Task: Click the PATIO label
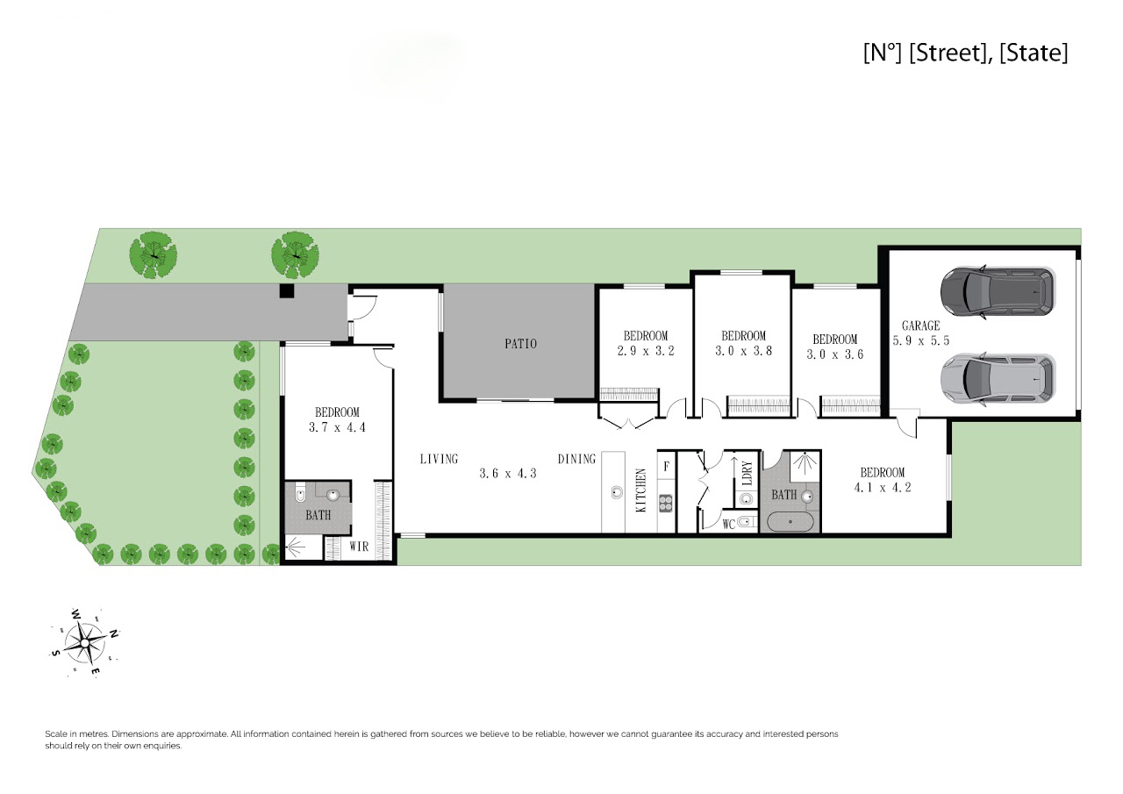[x=520, y=343]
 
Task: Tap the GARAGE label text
[x=920, y=325]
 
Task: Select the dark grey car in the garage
[x=998, y=292]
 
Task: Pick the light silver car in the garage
[x=998, y=379]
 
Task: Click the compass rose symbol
[x=85, y=642]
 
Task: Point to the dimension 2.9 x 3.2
[x=646, y=351]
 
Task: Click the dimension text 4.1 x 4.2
[x=883, y=487]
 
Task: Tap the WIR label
[x=359, y=547]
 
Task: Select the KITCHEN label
[x=641, y=490]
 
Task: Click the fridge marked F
[x=667, y=466]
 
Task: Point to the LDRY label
[x=747, y=473]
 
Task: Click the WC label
[x=729, y=525]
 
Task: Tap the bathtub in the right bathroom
[x=790, y=522]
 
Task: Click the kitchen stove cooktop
[x=666, y=504]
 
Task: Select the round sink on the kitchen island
[x=617, y=492]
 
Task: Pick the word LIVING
[x=439, y=459]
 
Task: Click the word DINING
[x=576, y=459]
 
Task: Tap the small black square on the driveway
[x=286, y=290]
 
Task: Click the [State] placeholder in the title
[x=1034, y=53]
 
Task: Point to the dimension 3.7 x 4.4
[x=337, y=427]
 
